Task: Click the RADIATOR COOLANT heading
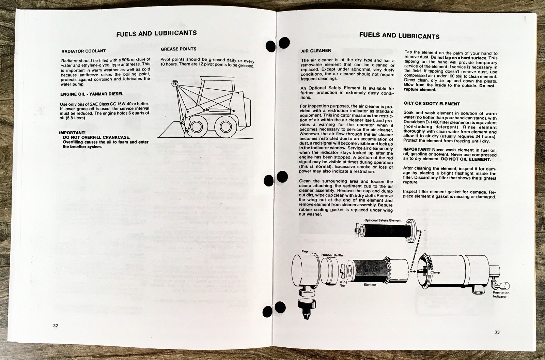(x=83, y=51)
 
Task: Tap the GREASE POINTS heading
(x=178, y=49)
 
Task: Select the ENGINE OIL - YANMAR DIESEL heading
(x=92, y=94)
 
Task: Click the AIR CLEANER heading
(x=316, y=51)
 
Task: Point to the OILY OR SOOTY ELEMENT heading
(x=432, y=104)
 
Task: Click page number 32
(x=56, y=326)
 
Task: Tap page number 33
(x=497, y=332)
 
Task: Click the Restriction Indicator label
(x=501, y=295)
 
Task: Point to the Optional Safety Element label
(x=383, y=220)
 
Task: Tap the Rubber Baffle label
(x=332, y=255)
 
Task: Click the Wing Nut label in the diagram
(x=343, y=284)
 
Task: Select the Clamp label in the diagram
(x=435, y=272)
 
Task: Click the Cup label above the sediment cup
(x=305, y=251)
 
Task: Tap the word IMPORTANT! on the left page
(x=72, y=133)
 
